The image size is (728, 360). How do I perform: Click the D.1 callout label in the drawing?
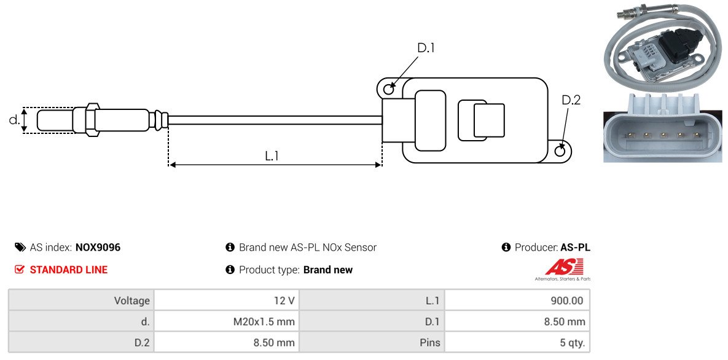[426, 47]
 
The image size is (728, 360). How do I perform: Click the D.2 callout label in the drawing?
[571, 100]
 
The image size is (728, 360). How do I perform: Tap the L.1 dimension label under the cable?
[272, 156]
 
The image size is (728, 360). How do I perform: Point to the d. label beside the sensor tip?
[14, 120]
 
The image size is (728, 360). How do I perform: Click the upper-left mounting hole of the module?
[388, 90]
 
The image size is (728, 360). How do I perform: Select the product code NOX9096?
[98, 248]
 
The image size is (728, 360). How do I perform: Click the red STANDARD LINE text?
[68, 270]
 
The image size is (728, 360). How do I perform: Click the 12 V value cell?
[226, 301]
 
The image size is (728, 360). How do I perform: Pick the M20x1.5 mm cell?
[226, 321]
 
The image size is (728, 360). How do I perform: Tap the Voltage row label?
[131, 301]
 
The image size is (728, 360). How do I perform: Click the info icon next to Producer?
[506, 248]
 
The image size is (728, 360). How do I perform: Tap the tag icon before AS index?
[20, 248]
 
